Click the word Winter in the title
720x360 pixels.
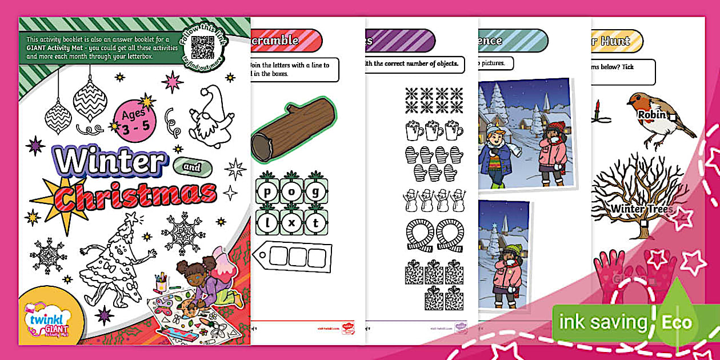coord(111,161)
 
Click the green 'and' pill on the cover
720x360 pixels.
coord(192,167)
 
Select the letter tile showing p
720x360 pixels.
coord(266,191)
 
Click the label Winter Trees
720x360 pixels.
coord(642,209)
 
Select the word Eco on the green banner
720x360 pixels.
coord(677,322)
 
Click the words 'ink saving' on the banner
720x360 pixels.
coord(602,322)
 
